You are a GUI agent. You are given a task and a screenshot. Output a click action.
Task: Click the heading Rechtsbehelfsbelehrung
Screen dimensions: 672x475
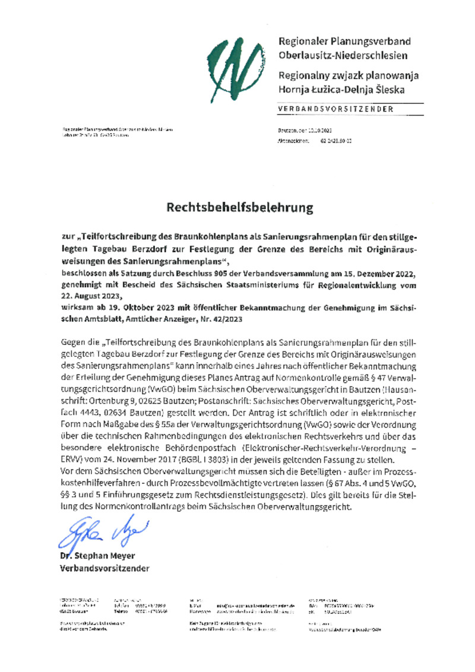point(239,208)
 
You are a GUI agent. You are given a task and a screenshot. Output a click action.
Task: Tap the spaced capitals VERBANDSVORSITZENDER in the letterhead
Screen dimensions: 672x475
point(335,109)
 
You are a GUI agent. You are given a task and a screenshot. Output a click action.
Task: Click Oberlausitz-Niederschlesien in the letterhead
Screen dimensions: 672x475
point(343,56)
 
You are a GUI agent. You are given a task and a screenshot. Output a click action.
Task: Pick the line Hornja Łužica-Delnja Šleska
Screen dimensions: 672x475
point(341,90)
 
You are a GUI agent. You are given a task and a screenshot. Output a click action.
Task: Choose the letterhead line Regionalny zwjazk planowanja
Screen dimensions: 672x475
point(349,76)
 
